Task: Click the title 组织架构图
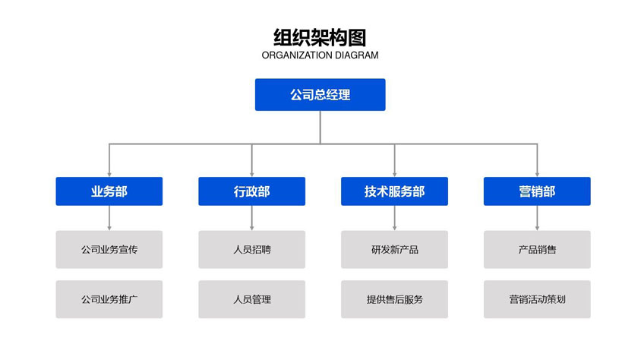tap(320, 37)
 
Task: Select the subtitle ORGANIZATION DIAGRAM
tap(320, 55)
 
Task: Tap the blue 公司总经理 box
tap(320, 95)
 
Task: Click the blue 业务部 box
tap(109, 191)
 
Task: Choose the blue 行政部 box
tap(251, 191)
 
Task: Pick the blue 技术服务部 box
tap(394, 191)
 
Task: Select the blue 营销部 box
tap(537, 191)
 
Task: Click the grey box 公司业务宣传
tap(109, 249)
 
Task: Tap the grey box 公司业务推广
tap(109, 299)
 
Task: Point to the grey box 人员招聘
tap(251, 249)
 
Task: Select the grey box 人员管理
tap(251, 299)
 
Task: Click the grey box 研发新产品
tap(394, 249)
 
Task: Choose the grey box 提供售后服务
tap(394, 299)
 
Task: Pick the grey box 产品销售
tap(537, 249)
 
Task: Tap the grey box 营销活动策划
tap(537, 299)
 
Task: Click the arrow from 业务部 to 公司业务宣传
tap(109, 218)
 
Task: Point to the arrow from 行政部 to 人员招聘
tap(251, 218)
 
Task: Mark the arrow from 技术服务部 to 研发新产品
tap(394, 218)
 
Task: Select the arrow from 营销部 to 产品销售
tap(537, 218)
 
